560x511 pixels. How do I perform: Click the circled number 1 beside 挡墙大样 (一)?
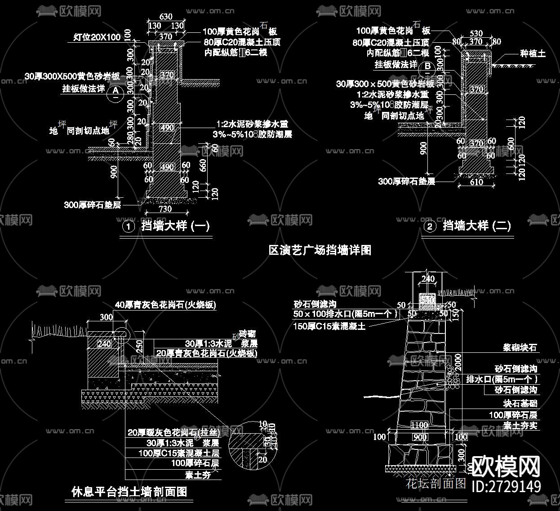pos(129,227)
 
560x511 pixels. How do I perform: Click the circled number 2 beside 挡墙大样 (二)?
pos(430,227)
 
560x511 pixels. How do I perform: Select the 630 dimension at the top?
pos(166,17)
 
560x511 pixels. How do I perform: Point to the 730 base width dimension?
pos(165,209)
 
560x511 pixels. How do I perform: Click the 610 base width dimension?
pos(476,182)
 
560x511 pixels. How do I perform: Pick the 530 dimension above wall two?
pos(476,34)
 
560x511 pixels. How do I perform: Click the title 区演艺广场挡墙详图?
pos(320,250)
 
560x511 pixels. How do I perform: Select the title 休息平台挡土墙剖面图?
pos(129,492)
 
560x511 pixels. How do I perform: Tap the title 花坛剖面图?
pos(436,484)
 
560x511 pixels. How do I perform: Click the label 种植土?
pos(533,54)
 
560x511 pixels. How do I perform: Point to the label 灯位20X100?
pos(97,37)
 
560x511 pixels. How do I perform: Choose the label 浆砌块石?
pos(520,347)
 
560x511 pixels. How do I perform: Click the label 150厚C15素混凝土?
pos(329,326)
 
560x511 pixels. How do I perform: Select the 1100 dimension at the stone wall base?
pos(419,425)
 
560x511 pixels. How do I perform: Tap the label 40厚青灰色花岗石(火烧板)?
pos(165,305)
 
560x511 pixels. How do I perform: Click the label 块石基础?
pos(520,404)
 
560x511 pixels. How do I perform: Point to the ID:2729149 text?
pos(507,486)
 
